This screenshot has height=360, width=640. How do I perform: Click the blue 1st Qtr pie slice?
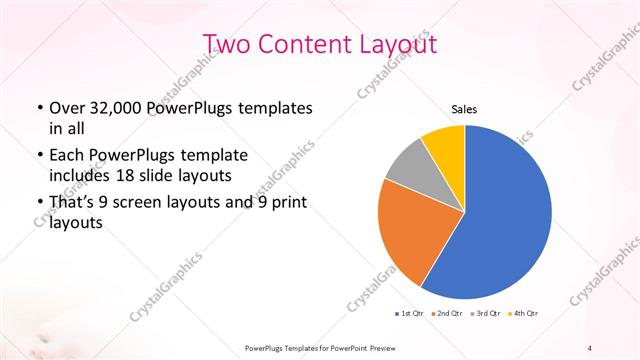[x=505, y=220]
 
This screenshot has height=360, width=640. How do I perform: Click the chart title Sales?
[x=464, y=108]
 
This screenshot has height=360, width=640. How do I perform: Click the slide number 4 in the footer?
[x=590, y=347]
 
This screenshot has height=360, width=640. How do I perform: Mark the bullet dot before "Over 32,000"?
[x=38, y=108]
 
